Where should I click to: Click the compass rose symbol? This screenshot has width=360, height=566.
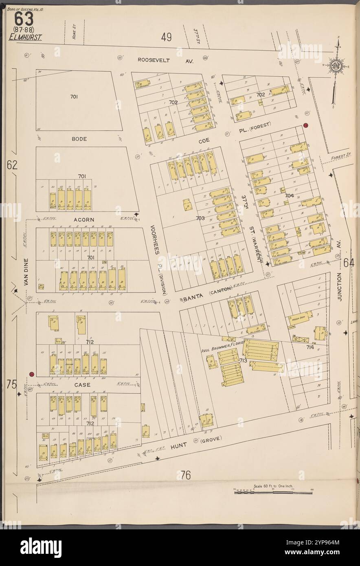point(336,66)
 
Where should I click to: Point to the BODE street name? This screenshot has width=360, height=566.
point(79,139)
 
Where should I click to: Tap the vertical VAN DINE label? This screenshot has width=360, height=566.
point(26,272)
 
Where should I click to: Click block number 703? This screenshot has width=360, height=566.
point(200,218)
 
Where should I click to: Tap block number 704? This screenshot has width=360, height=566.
point(289,195)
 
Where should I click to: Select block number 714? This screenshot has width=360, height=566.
point(310,347)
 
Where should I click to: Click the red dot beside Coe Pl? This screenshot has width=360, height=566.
point(305,125)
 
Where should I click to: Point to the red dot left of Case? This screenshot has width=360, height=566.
point(31,374)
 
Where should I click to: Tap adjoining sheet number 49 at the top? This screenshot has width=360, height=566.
point(166,37)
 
